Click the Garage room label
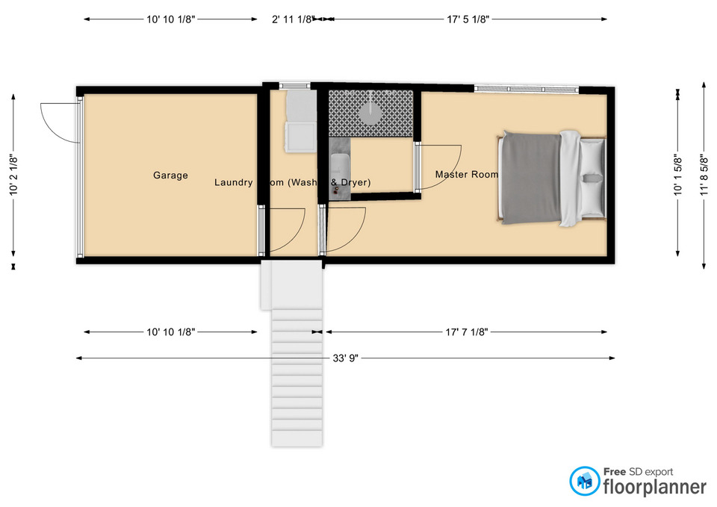170,175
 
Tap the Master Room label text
466,175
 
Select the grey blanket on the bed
531,178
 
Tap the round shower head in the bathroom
372,113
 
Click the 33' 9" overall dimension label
346,358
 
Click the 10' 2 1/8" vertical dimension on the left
13,175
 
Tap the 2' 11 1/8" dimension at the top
291,20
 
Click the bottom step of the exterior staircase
297,438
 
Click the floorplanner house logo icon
584,482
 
